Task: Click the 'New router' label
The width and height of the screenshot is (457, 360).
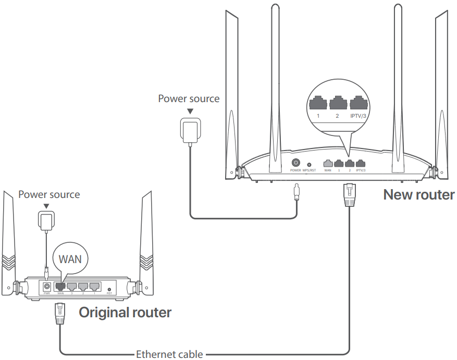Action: coord(419,195)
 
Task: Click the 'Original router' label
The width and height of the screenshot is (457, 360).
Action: coord(125,313)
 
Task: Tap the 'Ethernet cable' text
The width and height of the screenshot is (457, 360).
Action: coord(169,355)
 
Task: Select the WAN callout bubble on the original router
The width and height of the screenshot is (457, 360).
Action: coord(70,258)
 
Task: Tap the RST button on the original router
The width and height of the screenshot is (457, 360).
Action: coord(109,289)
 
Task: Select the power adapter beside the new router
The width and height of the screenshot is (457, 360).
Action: coord(189,129)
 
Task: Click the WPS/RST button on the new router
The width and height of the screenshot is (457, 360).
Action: coord(310,164)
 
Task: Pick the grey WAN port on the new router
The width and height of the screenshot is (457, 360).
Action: coord(328,163)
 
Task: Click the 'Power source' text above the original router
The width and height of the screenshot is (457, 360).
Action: coord(49,194)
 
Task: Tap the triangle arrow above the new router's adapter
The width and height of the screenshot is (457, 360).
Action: coord(190,111)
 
